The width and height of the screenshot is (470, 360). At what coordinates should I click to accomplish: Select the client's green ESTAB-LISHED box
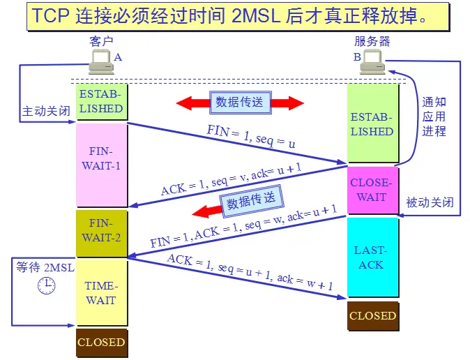tap(101, 101)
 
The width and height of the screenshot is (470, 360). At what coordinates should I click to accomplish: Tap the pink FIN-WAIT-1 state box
tap(101, 165)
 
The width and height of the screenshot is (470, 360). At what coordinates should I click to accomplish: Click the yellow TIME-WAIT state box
tap(101, 293)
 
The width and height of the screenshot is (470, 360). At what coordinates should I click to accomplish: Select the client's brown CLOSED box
tap(101, 343)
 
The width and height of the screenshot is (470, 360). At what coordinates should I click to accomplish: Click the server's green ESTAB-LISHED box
tap(372, 124)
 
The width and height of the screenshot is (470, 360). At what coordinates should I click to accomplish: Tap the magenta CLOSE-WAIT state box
tap(372, 190)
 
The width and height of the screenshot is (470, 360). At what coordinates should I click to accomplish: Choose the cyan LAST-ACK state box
tap(372, 257)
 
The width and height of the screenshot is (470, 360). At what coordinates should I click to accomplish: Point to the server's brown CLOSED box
tap(372, 315)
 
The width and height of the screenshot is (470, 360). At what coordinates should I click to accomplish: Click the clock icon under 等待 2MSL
tap(46, 283)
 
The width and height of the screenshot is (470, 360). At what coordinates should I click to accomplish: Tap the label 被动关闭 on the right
tap(430, 203)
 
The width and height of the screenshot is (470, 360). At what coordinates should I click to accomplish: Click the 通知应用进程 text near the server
tap(433, 117)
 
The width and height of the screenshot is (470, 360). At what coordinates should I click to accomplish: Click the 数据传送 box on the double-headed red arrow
tap(239, 103)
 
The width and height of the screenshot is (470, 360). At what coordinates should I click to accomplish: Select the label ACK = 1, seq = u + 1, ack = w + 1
tap(250, 273)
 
